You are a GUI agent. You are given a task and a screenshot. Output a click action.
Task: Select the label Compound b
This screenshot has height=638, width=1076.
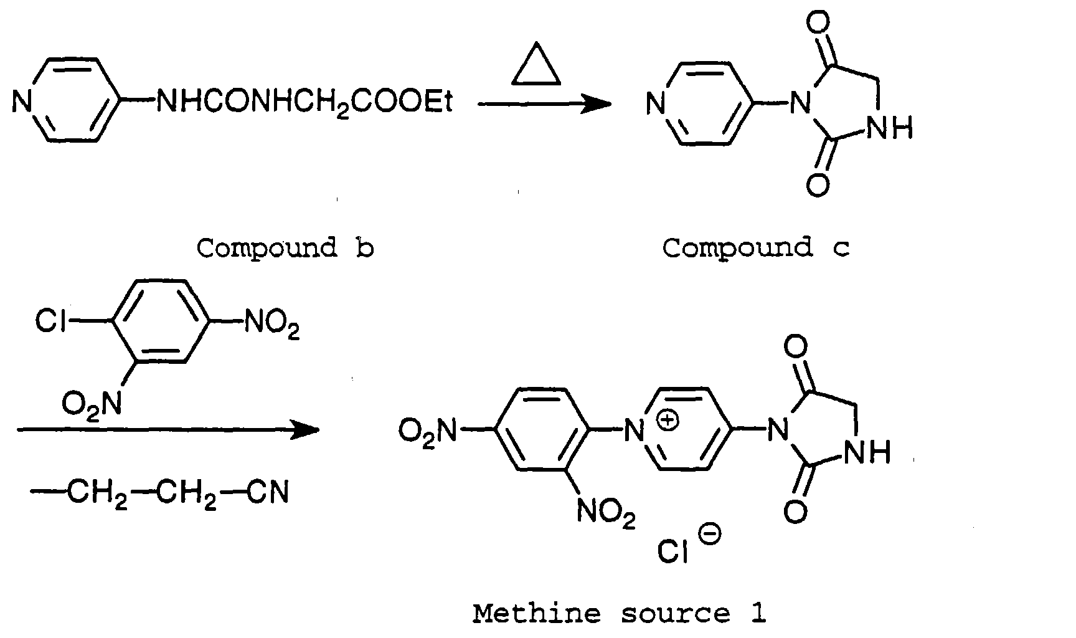click(x=285, y=249)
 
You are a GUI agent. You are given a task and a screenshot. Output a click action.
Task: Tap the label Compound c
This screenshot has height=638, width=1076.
click(x=755, y=249)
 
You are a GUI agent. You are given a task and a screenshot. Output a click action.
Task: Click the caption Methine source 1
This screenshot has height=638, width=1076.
click(x=619, y=614)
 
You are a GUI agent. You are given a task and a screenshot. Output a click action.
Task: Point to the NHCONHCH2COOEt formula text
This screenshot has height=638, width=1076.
click(x=304, y=102)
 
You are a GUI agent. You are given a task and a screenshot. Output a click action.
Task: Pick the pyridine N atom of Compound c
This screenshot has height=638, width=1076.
click(x=656, y=103)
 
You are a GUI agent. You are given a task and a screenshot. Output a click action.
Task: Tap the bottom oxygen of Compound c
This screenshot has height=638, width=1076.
click(x=818, y=184)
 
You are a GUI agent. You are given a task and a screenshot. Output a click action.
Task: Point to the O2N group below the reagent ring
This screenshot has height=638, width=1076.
click(x=92, y=403)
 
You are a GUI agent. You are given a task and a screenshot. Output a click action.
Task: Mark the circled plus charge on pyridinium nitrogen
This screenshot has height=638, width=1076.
click(x=668, y=421)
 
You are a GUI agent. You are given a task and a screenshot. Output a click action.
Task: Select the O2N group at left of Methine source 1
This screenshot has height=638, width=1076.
click(x=427, y=430)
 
